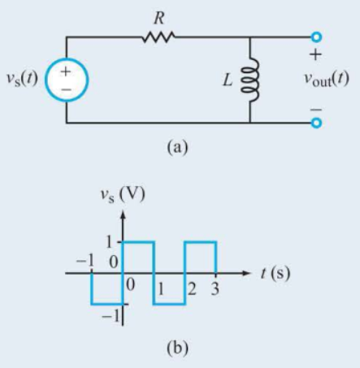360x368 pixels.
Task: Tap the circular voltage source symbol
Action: click(66, 80)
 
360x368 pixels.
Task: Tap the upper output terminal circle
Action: click(316, 37)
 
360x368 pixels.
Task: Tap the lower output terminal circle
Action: click(316, 123)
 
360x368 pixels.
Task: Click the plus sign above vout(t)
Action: click(315, 57)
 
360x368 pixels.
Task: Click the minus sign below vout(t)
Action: click(315, 106)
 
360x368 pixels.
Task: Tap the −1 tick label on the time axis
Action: click(85, 262)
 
